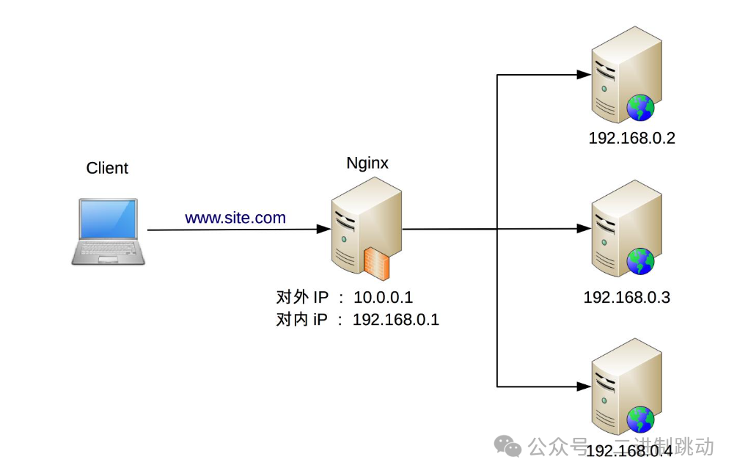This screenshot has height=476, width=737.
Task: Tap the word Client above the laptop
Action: point(107,168)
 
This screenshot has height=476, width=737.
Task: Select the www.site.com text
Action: point(235,218)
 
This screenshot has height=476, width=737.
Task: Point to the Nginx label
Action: point(367,164)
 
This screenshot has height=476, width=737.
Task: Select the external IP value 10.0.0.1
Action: point(384,297)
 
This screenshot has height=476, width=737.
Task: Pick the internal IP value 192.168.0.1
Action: point(396,320)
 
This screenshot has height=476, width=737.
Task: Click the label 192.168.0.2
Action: point(631,138)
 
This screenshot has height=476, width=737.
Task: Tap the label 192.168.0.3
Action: point(627,298)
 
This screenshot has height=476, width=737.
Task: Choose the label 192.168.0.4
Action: point(629,451)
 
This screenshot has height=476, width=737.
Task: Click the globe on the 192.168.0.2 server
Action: point(640,109)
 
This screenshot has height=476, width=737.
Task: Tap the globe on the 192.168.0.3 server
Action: point(640,262)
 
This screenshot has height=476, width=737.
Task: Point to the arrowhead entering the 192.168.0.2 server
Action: point(584,75)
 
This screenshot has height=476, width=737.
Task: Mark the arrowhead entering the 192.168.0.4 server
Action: point(584,386)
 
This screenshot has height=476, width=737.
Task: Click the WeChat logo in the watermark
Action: point(507,445)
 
